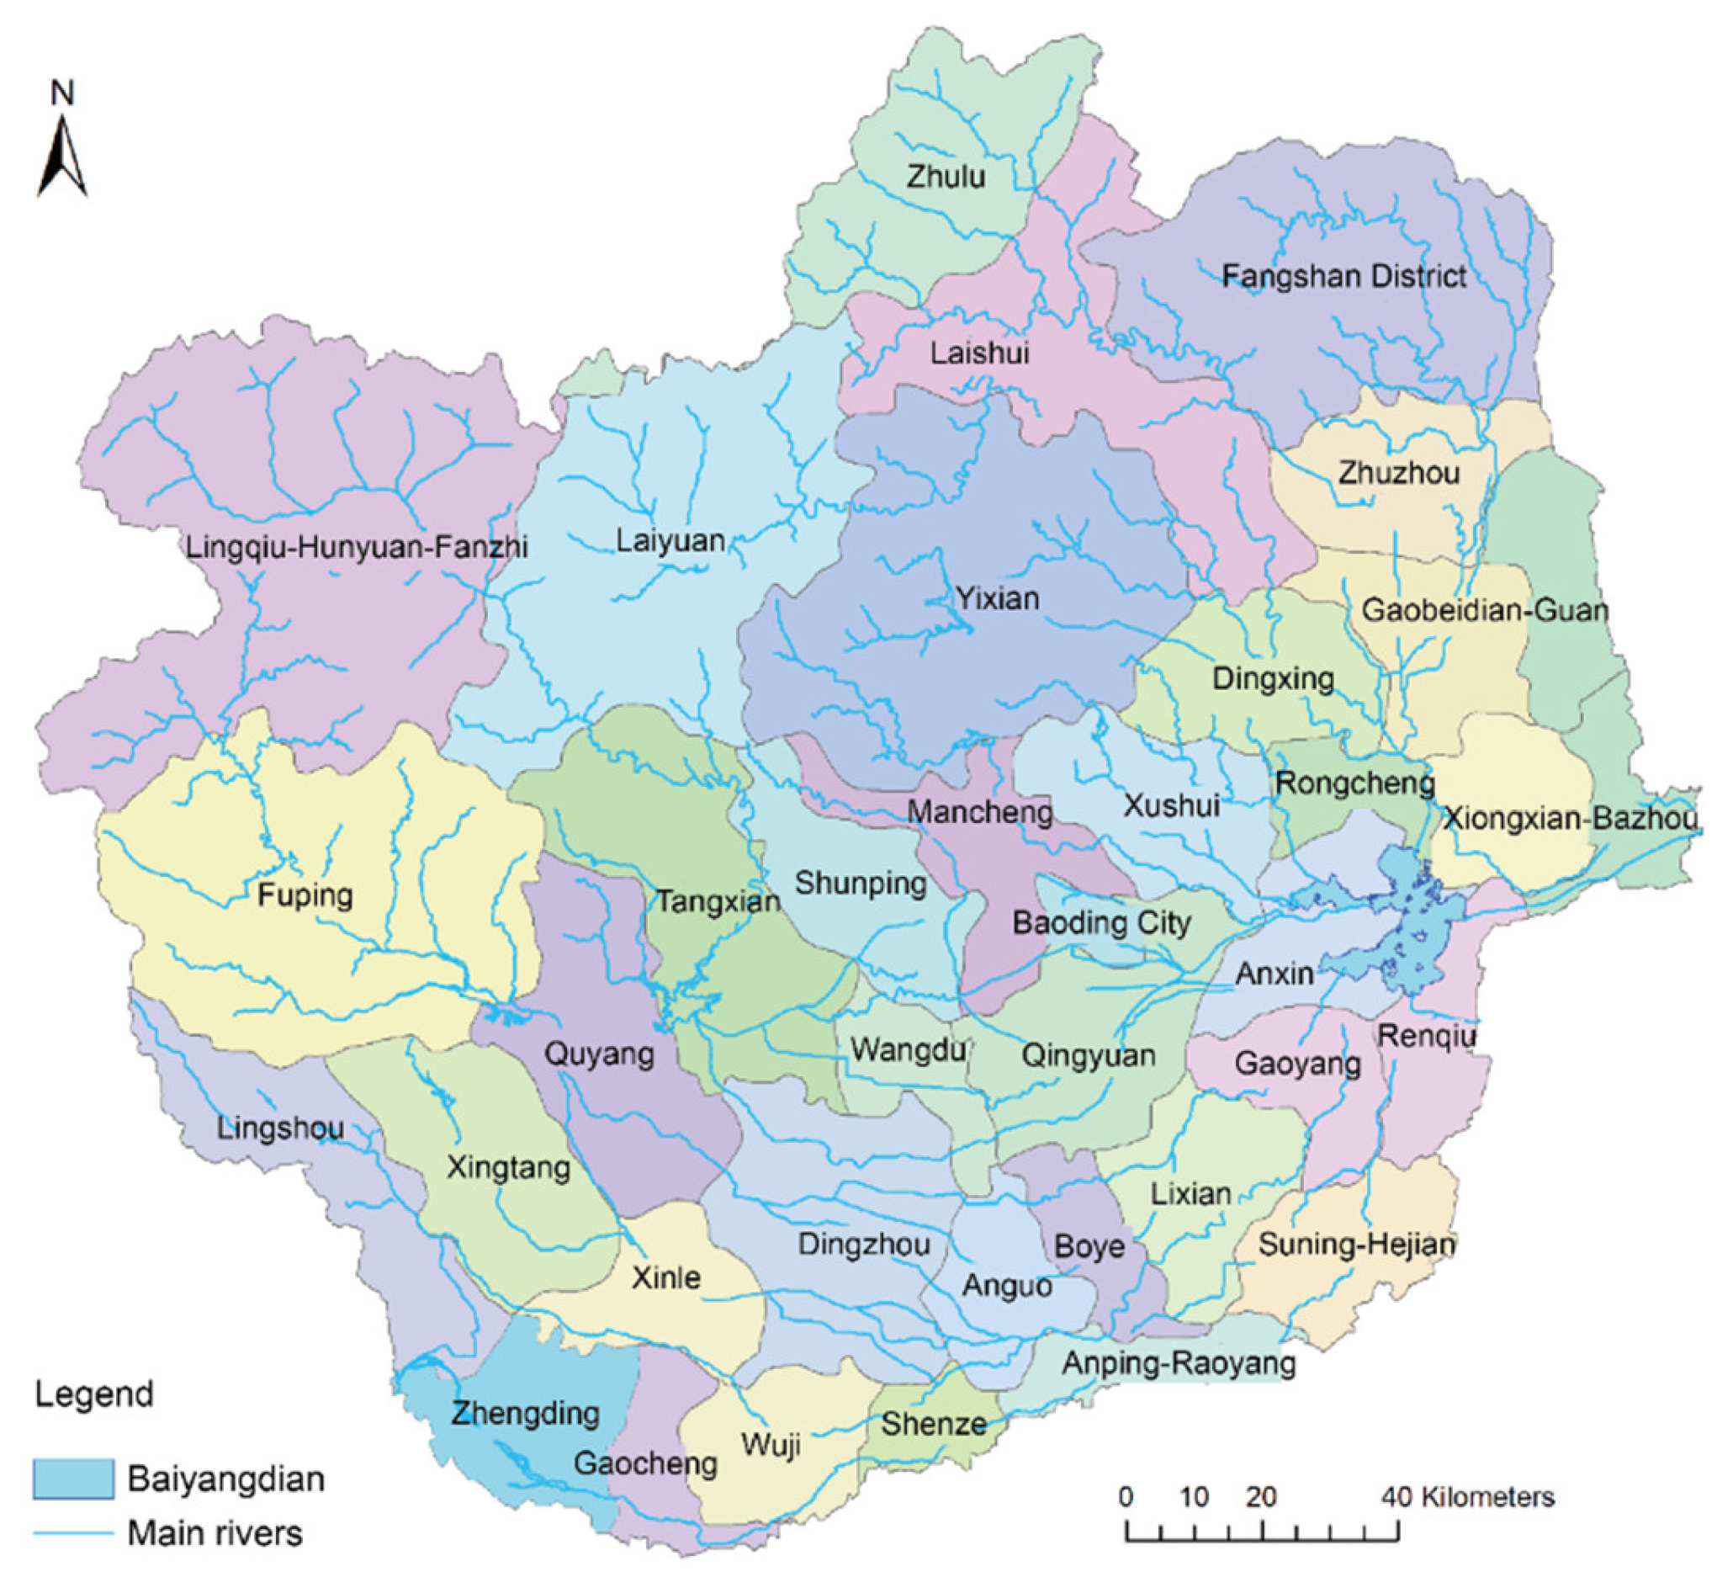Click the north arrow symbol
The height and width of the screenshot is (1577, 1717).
click(x=62, y=157)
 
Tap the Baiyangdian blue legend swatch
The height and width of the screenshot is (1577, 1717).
click(x=73, y=1479)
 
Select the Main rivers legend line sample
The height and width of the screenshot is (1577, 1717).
click(x=73, y=1533)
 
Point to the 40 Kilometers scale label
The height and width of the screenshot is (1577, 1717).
click(x=1468, y=1497)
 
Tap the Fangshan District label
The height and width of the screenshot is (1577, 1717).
click(x=1343, y=277)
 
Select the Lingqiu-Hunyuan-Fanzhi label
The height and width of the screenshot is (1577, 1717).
click(x=357, y=546)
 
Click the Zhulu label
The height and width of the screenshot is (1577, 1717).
click(x=946, y=177)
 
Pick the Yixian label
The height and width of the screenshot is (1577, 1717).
click(x=997, y=598)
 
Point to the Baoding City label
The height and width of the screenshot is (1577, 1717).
click(x=1101, y=922)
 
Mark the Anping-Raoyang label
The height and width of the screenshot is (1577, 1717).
click(x=1179, y=1362)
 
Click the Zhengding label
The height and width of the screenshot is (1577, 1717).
click(x=526, y=1414)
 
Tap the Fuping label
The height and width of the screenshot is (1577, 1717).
click(x=305, y=895)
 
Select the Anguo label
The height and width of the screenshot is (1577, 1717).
click(x=1007, y=1285)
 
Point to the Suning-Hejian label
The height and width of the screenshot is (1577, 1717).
click(x=1356, y=1245)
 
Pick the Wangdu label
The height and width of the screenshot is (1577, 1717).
click(x=908, y=1049)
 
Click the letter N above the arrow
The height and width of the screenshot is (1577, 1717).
click(x=62, y=93)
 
